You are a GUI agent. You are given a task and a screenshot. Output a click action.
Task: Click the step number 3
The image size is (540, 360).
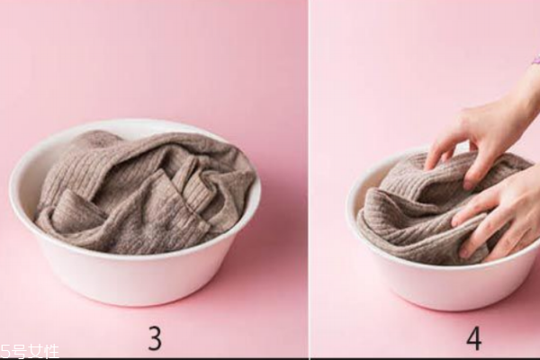[x=156, y=338]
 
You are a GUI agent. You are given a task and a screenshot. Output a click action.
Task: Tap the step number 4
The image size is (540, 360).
[x=474, y=338]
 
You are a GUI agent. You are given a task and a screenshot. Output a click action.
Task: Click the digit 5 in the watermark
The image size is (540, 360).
[x=5, y=352]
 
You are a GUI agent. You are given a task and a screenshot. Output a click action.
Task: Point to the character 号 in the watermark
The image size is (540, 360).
[x=19, y=352]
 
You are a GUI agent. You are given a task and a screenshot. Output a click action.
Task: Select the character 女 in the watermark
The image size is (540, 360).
[x=35, y=352]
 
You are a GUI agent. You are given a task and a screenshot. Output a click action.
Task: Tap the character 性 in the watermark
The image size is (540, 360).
[x=51, y=352]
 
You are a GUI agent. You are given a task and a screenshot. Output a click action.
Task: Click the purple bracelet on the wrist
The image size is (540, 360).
[x=536, y=60]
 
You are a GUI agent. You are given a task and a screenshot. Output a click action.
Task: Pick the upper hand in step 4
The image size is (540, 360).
[x=489, y=130]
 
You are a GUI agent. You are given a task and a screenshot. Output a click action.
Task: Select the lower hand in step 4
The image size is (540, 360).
[x=499, y=213]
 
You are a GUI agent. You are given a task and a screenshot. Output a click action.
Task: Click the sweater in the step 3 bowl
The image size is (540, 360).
[x=145, y=193]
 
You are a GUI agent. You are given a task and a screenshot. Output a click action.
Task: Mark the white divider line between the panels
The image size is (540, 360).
[x=309, y=179]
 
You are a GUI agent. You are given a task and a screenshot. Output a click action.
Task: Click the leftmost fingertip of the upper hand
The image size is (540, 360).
[x=427, y=166]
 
